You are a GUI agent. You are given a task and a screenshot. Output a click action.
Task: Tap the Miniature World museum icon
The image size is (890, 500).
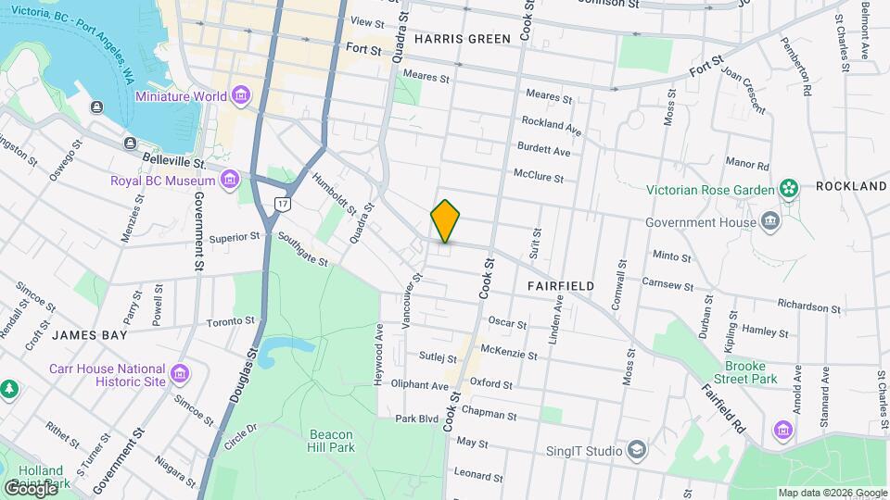tap(242, 96)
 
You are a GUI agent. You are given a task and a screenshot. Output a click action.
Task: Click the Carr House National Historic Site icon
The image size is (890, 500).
tap(180, 375)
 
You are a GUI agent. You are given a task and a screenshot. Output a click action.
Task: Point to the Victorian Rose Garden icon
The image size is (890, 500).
tap(789, 190)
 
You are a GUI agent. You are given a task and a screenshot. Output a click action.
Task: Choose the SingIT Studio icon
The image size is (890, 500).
tap(637, 451)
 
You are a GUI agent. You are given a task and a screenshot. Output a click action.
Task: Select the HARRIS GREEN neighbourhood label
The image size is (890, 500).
tap(463, 39)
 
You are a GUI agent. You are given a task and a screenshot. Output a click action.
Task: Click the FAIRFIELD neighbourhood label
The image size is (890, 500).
tap(561, 286)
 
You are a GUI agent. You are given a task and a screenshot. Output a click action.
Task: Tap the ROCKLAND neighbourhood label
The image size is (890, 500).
tap(851, 186)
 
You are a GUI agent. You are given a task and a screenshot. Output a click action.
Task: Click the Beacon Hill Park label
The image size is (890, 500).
tap(331, 440)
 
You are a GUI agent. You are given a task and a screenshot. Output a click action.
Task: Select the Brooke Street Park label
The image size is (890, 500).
tap(751, 372)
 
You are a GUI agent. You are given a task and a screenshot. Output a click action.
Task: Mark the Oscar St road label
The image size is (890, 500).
tap(507, 324)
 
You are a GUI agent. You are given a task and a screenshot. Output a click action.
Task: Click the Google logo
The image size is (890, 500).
tap(32, 487)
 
